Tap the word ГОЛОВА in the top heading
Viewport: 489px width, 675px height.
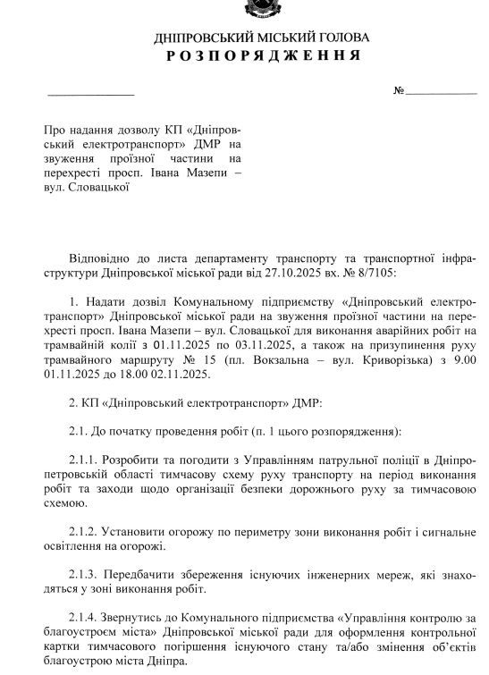click(332, 38)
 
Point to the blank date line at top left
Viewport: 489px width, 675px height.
click(89, 93)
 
